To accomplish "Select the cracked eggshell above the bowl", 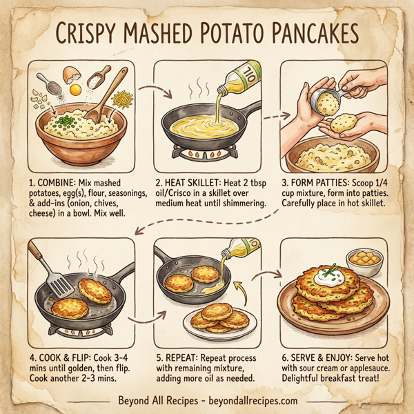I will [71, 74].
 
